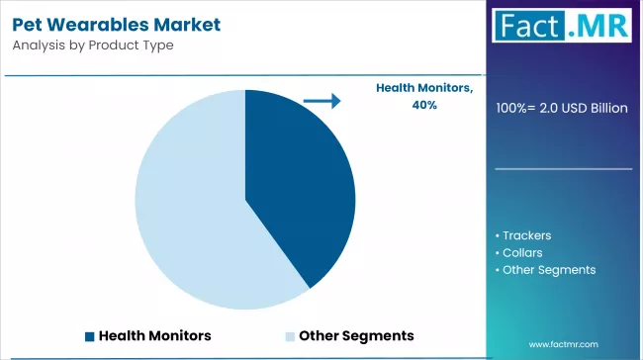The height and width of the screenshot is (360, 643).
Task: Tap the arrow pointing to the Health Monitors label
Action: pos(321,101)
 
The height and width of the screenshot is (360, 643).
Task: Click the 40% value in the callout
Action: pos(424,105)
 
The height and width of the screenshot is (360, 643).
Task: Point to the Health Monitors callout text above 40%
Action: pos(424,88)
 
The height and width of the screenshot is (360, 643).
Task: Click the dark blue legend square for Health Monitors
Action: pos(89,336)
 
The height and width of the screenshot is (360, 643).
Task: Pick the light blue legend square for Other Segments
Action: pos(290,336)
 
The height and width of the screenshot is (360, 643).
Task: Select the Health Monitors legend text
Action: pos(155,336)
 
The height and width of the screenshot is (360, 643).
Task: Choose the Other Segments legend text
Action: pos(356,336)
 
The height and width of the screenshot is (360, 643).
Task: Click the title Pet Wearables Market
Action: pos(117,25)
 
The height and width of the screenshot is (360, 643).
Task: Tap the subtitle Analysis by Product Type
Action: pos(93,45)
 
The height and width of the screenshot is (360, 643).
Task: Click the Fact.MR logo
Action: pos(562,26)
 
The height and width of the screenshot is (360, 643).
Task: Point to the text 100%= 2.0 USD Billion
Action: pos(562,108)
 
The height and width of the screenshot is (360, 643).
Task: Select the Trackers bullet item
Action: pos(523,235)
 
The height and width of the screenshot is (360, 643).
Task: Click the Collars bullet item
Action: pos(518,252)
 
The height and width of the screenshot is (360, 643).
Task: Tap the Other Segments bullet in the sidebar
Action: pos(545,270)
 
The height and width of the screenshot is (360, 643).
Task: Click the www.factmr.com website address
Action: pos(564,344)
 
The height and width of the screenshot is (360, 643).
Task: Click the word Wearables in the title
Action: pos(98,25)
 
